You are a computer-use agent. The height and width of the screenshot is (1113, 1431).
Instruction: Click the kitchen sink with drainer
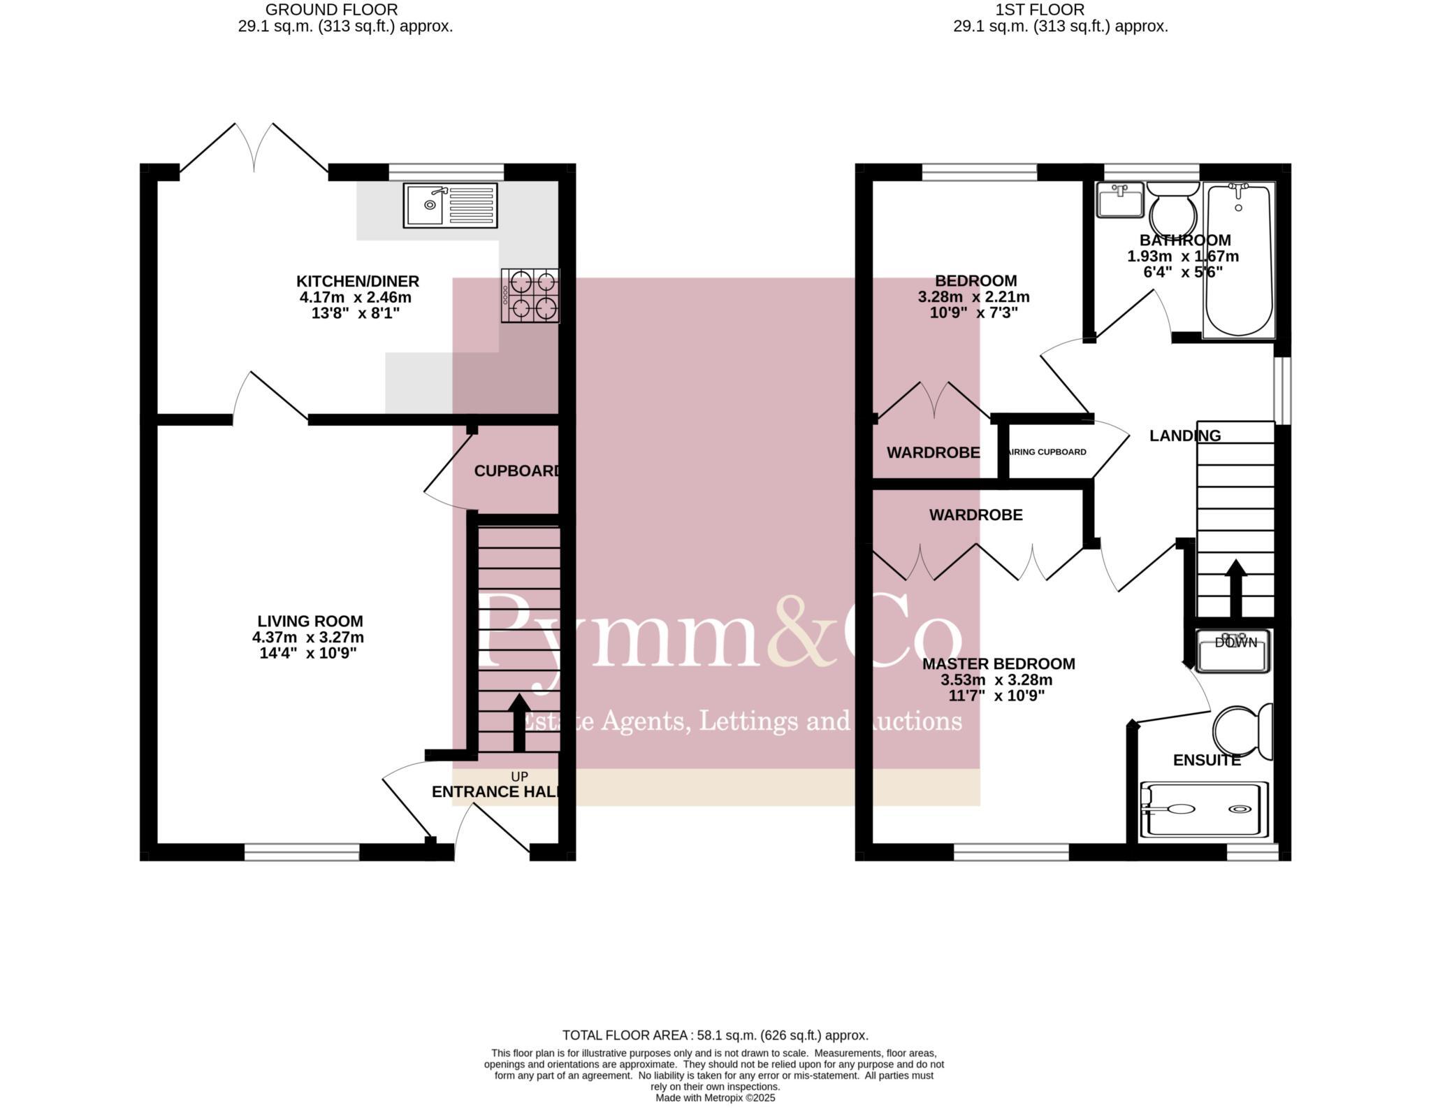pyautogui.click(x=450, y=205)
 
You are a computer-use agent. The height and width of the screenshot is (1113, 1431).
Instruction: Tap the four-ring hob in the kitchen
pyautogui.click(x=530, y=295)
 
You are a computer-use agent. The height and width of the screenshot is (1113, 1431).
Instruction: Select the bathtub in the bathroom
pyautogui.click(x=1238, y=260)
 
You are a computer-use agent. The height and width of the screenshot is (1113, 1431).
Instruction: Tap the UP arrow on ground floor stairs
pyautogui.click(x=518, y=722)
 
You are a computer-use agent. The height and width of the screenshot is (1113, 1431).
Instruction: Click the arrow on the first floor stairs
pyautogui.click(x=1235, y=587)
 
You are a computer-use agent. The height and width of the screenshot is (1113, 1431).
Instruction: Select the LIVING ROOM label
pyautogui.click(x=310, y=621)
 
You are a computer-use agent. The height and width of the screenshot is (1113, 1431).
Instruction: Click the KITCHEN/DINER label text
pyautogui.click(x=358, y=281)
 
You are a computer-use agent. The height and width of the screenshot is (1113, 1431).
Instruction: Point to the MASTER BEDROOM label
pyautogui.click(x=998, y=663)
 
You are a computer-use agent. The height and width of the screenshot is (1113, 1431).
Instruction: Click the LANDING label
pyautogui.click(x=1185, y=436)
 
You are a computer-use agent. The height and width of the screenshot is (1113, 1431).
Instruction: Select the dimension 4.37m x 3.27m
pyautogui.click(x=308, y=637)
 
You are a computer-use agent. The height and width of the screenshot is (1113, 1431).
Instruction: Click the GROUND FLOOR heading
pyautogui.click(x=331, y=10)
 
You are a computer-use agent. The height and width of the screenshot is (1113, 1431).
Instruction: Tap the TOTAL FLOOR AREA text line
pyautogui.click(x=715, y=1035)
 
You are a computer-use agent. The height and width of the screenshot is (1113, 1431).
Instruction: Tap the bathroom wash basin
pyautogui.click(x=1119, y=201)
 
